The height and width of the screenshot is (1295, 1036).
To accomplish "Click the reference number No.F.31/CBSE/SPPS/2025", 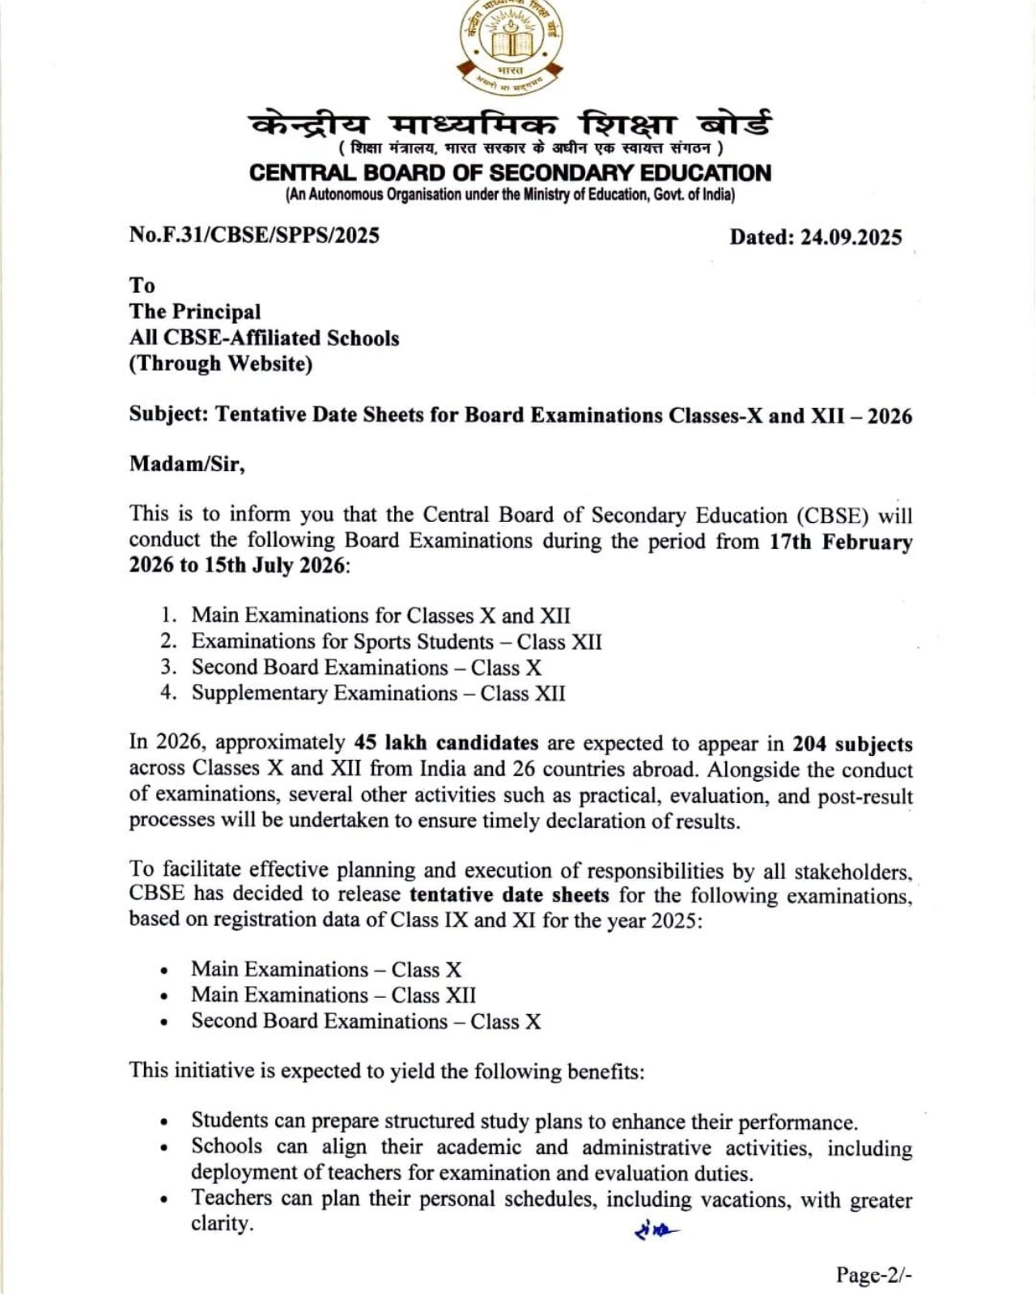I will (x=254, y=236).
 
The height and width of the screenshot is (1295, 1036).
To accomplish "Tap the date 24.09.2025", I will (x=851, y=237).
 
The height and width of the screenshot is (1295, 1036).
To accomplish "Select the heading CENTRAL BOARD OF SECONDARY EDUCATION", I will (x=510, y=173).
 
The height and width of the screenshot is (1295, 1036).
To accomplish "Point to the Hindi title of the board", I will (x=510, y=125).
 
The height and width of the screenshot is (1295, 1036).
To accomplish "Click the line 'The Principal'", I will (x=195, y=312).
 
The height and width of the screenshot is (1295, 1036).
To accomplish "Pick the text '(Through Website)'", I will (x=221, y=363).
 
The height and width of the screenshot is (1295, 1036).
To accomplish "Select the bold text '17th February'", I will (x=840, y=541).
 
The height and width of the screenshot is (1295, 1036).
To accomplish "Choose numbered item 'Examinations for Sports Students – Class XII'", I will (x=397, y=642).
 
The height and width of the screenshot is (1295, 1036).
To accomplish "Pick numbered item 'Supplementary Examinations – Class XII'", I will (x=378, y=694).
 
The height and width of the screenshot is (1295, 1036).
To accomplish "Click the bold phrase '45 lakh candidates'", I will (x=446, y=743).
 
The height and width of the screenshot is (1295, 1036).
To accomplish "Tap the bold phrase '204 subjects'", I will (x=852, y=745).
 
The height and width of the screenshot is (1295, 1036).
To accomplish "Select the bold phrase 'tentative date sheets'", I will (x=509, y=895).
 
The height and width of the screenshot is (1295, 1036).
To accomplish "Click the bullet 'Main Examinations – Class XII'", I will (x=333, y=996).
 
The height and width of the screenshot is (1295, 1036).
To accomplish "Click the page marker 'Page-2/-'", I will (x=874, y=1276).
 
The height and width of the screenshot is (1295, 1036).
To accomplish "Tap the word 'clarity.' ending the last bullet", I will (x=222, y=1224).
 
